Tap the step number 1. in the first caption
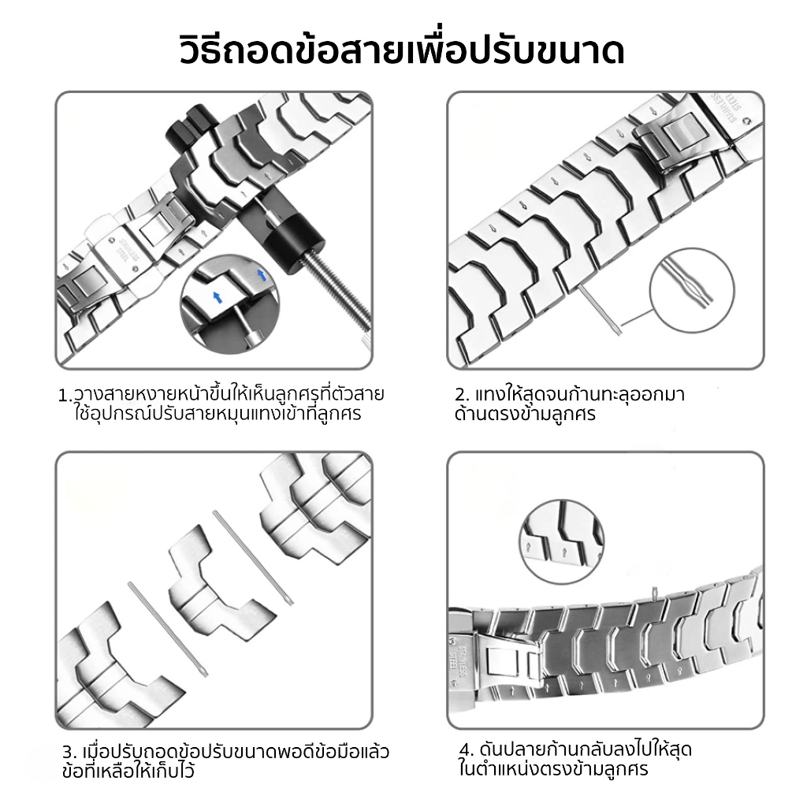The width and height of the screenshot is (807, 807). (x=65, y=396)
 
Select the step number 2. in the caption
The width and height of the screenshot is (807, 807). (x=462, y=396)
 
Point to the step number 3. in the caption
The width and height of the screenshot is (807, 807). (x=69, y=753)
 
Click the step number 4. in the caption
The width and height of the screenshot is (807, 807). (x=467, y=749)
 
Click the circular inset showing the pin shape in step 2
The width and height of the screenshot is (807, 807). (x=692, y=290)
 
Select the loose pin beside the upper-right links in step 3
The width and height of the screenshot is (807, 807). (x=253, y=557)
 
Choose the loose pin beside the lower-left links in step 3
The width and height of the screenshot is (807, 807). (x=169, y=630)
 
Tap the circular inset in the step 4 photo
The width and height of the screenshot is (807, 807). (x=561, y=541)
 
